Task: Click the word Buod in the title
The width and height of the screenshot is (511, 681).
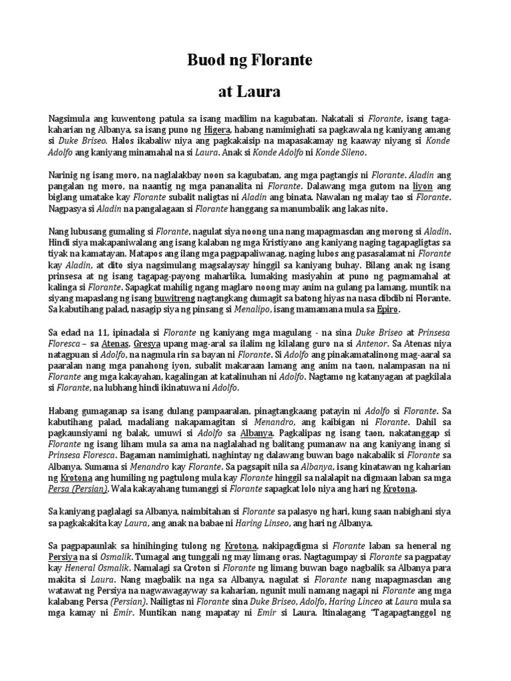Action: pos(204,62)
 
